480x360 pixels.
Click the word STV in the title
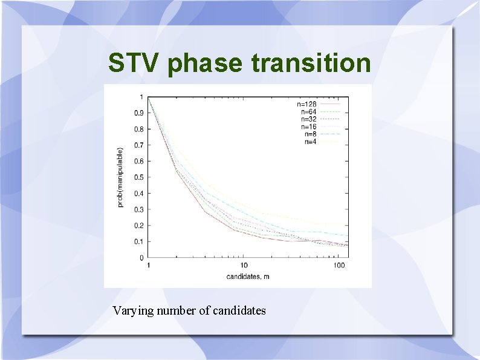[x=133, y=62]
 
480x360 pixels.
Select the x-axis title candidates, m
[x=248, y=277]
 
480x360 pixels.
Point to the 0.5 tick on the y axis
[x=138, y=177]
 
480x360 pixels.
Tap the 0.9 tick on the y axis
[x=138, y=113]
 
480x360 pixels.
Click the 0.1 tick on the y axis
[x=138, y=241]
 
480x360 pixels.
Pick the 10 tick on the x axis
[x=244, y=266]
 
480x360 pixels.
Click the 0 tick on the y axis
[x=141, y=258]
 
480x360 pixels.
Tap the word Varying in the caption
[x=133, y=311]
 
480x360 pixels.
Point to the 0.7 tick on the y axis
[x=138, y=145]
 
